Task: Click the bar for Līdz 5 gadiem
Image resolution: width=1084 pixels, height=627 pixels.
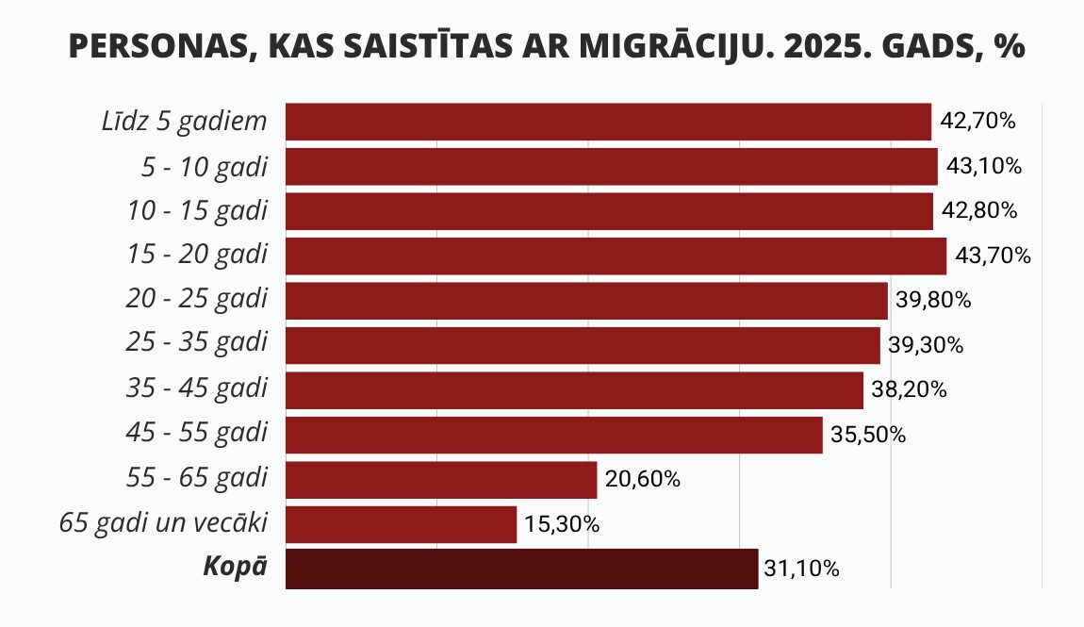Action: click(x=608, y=122)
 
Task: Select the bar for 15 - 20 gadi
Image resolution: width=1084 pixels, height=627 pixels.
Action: click(x=616, y=256)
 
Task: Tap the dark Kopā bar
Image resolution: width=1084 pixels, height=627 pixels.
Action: click(x=522, y=569)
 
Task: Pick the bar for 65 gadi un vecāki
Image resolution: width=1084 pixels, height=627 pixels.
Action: click(x=401, y=524)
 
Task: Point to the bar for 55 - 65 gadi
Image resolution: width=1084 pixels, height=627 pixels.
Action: click(x=441, y=480)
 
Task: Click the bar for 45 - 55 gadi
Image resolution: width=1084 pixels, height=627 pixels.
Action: click(x=553, y=435)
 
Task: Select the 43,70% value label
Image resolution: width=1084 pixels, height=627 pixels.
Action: click(x=993, y=256)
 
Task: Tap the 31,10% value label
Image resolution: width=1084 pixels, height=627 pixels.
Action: click(x=802, y=569)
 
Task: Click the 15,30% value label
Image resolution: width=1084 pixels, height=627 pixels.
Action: click(x=562, y=524)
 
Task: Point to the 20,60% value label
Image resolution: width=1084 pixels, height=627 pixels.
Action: click(x=642, y=479)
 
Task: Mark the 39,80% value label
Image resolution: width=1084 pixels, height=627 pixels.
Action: click(x=933, y=300)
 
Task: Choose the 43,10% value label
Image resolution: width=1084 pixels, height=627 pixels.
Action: click(x=984, y=166)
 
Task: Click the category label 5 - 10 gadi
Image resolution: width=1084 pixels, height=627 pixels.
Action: click(x=204, y=167)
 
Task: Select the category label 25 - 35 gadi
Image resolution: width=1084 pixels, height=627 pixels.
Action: click(x=196, y=343)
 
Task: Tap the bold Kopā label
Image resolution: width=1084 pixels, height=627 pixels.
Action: click(x=235, y=567)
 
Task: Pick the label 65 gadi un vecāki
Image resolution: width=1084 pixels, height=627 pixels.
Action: click(x=163, y=522)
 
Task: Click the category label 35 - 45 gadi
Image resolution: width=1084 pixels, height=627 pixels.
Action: click(x=196, y=388)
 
